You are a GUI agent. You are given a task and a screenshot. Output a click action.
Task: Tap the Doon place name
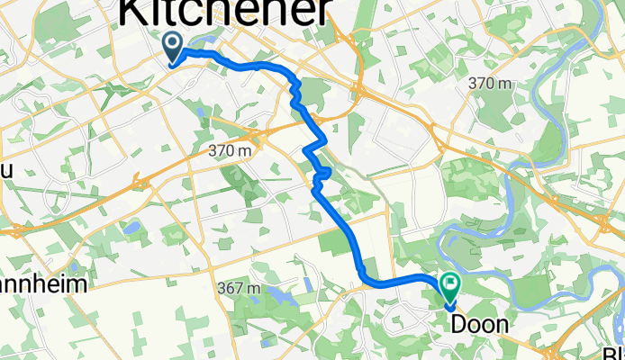[x=479, y=325]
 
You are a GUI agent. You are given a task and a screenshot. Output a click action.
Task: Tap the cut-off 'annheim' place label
[x=43, y=285]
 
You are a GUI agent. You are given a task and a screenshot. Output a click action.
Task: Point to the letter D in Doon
[x=459, y=325]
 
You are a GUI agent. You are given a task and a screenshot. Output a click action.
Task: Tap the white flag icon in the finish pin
[x=448, y=284]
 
